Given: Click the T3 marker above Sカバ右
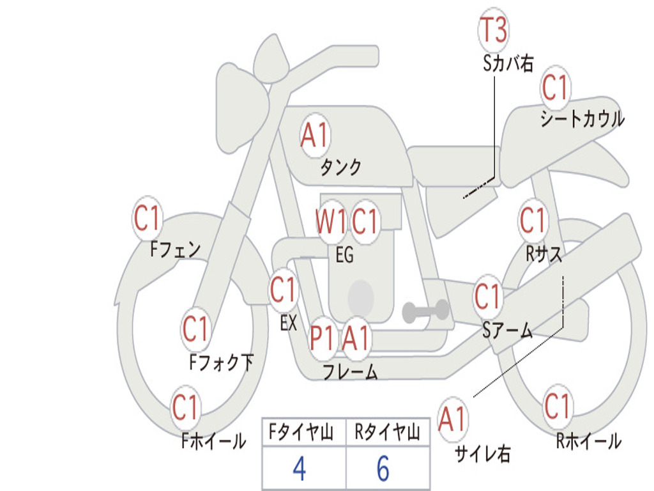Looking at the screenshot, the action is pos(494,30).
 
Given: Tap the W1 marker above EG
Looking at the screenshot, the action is pos(331,221).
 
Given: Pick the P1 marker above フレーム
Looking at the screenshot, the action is pos(323,338).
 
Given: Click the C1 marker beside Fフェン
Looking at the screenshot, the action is pos(148,218).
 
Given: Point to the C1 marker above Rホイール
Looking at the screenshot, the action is pos(557,406).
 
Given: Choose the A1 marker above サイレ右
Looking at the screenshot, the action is pos(453,419).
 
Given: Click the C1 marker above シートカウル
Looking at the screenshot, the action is pos(555,88).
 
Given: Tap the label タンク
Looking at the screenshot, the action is pos(341,168).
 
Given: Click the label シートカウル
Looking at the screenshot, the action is pos(582,118).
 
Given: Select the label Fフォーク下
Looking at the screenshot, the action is pos(222,362).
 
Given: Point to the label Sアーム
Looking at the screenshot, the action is pos(508,331).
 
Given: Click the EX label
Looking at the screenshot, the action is pos(289,323).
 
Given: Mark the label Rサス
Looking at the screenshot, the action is pos(544,253).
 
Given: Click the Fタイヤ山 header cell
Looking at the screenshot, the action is pos(305,432).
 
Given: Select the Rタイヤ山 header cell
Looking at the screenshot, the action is pos(388,432).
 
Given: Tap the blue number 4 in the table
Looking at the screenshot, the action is pos(300,469).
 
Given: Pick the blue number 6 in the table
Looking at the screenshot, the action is pos(383,469).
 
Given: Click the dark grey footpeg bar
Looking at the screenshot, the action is pos(425,311).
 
